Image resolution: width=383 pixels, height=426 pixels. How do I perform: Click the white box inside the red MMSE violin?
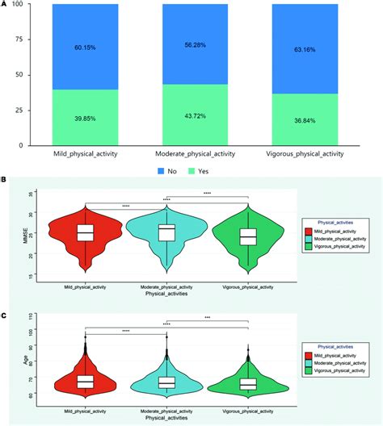click(x=86, y=233)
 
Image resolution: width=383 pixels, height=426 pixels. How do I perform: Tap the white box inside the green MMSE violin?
click(x=248, y=236)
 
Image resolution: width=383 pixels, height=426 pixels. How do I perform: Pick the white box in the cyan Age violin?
click(x=166, y=381)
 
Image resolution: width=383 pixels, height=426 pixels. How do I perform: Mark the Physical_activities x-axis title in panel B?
click(x=166, y=294)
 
